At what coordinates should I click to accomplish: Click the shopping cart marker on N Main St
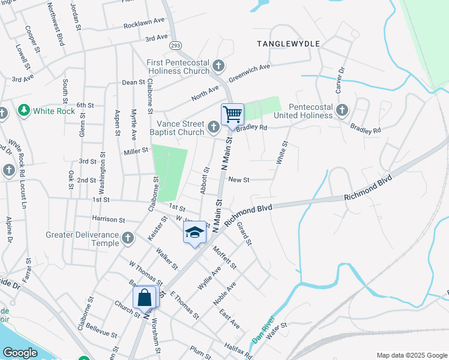tap(232, 113)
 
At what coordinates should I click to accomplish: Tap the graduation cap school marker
tap(194, 232)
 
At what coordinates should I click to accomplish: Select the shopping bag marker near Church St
tap(145, 296)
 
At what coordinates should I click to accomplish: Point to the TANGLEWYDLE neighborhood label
tap(288, 44)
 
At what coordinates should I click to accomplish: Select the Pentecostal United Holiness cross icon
tap(342, 110)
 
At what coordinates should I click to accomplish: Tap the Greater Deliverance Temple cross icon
tap(127, 239)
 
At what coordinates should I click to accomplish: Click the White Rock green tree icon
tap(24, 110)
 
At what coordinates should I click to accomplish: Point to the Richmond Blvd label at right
tap(368, 188)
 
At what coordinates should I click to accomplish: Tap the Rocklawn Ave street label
tap(144, 23)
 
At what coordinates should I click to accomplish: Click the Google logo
tap(20, 353)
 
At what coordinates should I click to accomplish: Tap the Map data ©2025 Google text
tap(411, 355)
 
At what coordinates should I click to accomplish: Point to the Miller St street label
tap(136, 151)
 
